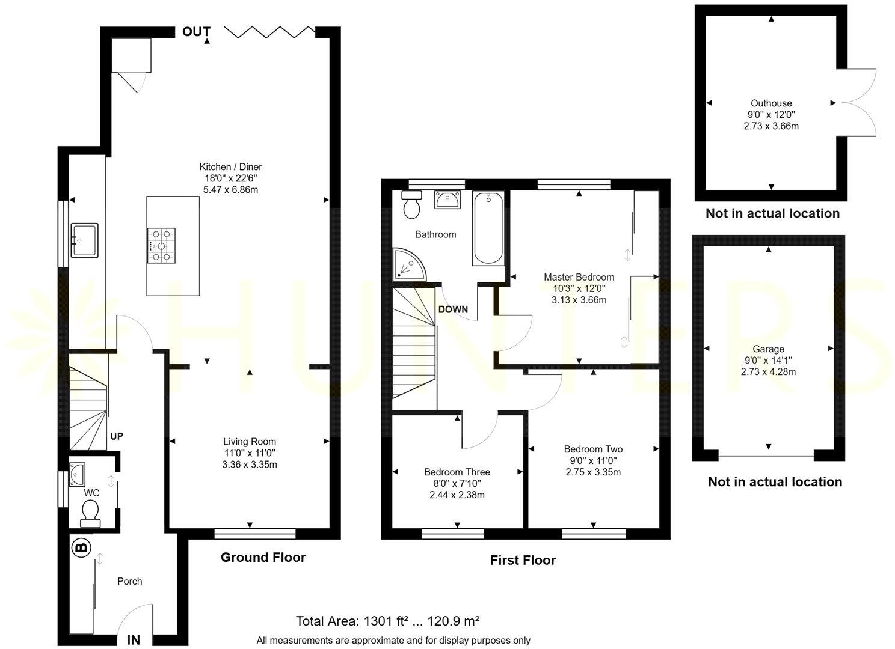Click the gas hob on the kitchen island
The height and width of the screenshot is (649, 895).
point(161,245)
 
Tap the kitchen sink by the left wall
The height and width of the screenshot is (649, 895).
point(84,240)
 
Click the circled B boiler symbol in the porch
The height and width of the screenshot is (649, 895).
point(80,547)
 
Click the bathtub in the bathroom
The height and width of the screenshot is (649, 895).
point(488,228)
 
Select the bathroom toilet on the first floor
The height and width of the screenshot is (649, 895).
point(412,205)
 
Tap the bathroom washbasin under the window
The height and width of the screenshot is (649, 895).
point(447,200)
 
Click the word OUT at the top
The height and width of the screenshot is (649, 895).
point(196,32)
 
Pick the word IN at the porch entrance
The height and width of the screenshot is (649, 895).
point(134,640)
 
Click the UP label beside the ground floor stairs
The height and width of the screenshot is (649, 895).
point(117,436)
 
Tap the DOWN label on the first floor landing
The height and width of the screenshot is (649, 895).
point(453,309)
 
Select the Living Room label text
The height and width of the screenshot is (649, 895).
point(250,442)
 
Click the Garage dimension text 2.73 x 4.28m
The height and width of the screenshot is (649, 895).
point(768,372)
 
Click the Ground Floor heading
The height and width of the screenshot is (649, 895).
point(263,558)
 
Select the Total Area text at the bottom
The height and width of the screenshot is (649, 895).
point(387,621)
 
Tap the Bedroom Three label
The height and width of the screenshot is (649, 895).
point(457,472)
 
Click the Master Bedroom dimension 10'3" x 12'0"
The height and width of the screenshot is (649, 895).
point(579,288)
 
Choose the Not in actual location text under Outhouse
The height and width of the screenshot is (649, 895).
point(772,213)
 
